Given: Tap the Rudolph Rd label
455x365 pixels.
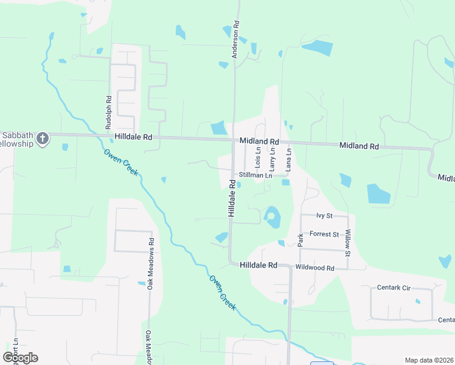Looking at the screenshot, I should tap(108, 108).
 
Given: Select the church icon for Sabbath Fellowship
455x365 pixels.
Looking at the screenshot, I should tap(43, 139).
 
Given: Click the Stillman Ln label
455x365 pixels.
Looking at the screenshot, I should tap(254, 175).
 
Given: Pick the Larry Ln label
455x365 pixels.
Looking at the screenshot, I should tap(273, 158).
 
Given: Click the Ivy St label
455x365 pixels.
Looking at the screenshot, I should tap(324, 216).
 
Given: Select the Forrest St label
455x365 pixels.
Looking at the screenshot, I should tap(324, 234).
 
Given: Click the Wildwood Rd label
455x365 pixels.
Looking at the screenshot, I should tap(315, 268).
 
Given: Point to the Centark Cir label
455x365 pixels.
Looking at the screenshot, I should tap(394, 287).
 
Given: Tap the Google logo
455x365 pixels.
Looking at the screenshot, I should tap(20, 358).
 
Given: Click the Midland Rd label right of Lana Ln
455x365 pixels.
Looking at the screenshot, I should tap(359, 146).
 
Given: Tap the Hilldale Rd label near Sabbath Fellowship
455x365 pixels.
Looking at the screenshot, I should tap(131, 137).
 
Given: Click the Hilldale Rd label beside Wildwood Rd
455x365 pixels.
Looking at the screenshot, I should tap(259, 265).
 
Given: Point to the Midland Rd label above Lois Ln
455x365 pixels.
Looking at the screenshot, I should tap(259, 141).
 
